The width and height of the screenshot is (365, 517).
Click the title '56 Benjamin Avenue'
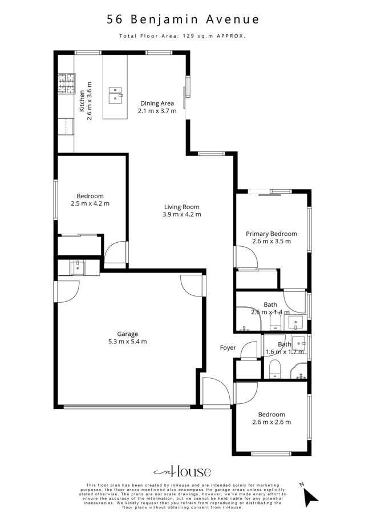pos(182,19)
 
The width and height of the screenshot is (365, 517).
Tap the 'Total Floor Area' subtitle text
pos(182,36)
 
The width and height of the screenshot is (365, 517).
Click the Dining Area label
pos(157,103)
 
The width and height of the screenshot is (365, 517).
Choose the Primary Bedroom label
pos(271,234)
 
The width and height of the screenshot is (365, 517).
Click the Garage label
pos(128,334)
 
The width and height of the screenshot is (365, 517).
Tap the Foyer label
pos(228,347)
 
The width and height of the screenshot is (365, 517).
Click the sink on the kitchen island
pos(116,94)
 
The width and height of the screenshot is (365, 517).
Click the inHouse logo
pos(182,471)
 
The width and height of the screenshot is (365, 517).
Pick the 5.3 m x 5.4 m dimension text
pos(128,342)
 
